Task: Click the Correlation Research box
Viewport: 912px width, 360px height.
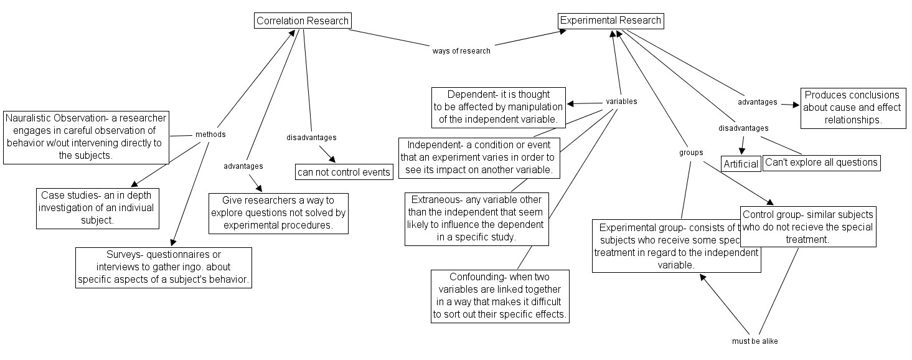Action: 303,21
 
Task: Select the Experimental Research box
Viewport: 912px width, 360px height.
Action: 610,21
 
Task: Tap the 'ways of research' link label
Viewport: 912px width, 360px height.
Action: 461,51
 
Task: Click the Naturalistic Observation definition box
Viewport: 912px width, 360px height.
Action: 86,137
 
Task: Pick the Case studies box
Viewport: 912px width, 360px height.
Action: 96,208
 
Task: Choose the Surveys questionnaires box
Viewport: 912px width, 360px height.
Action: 164,267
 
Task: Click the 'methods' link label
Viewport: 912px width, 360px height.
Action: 210,135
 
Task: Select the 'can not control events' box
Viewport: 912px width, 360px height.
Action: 345,172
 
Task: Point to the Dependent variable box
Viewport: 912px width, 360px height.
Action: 499,107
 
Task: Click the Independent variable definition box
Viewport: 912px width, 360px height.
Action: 478,157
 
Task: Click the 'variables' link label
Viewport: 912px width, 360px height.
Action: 621,102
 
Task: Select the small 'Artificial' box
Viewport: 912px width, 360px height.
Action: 741,164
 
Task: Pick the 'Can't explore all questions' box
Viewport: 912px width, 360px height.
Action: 821,163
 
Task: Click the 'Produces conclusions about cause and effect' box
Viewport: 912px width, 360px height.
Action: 853,108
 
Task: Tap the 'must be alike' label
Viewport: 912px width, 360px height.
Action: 755,341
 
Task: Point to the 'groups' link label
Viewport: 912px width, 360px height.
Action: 691,152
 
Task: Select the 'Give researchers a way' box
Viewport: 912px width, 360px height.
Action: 278,213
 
